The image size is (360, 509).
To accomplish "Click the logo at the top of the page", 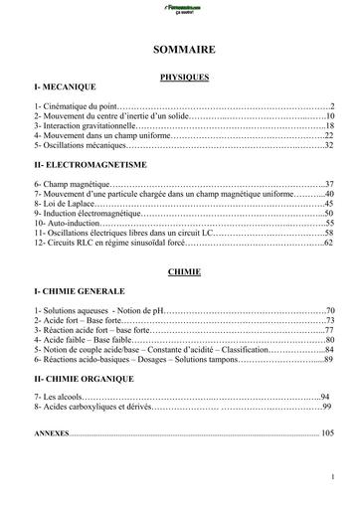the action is [x=180, y=10].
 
